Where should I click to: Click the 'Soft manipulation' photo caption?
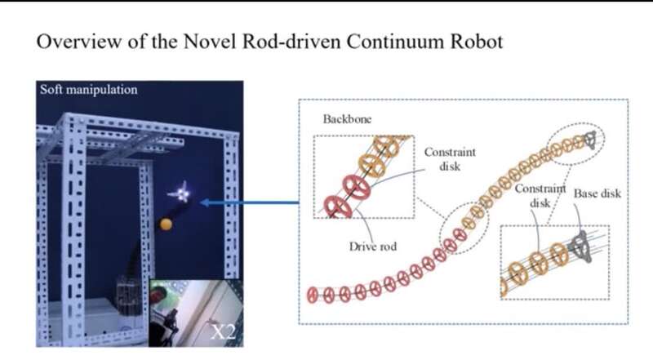(89, 90)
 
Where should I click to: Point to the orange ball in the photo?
(166, 224)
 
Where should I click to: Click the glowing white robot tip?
(180, 193)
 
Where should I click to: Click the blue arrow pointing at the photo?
(245, 202)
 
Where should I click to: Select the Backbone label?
(347, 118)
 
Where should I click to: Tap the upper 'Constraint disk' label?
(450, 159)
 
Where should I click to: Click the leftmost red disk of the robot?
(313, 295)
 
